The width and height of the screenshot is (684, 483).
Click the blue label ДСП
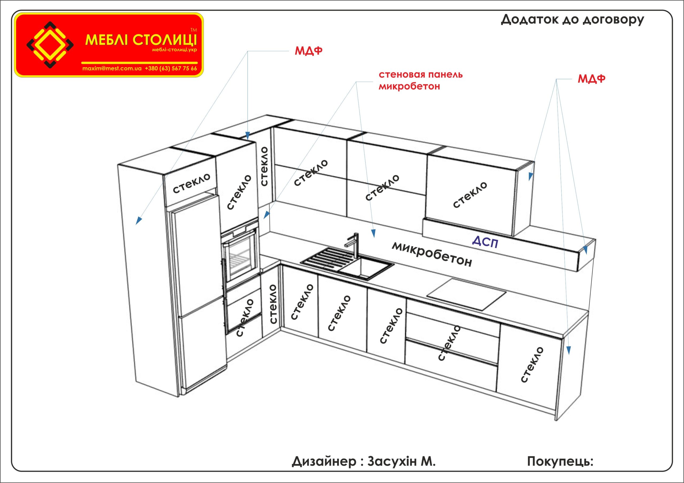pos(485,242)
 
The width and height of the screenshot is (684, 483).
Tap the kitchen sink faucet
pos(354,245)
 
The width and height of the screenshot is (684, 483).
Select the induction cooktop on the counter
pos(466,294)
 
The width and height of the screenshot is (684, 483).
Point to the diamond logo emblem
pos(50,45)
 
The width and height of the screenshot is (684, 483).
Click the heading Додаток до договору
pos(572,20)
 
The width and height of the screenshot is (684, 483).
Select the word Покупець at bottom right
pos(560,461)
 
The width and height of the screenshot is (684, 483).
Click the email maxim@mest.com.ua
pos(112,68)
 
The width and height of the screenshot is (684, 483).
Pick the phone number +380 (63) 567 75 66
pos(171,68)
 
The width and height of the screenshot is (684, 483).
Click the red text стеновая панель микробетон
pos(420,80)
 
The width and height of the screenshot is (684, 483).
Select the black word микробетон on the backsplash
pos(432,254)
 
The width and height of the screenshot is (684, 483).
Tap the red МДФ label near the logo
pos(308,51)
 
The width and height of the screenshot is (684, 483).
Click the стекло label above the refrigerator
pos(191,183)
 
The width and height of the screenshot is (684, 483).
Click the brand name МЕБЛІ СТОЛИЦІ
pos(141,40)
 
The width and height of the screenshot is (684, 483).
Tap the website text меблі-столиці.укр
pos(174,50)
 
